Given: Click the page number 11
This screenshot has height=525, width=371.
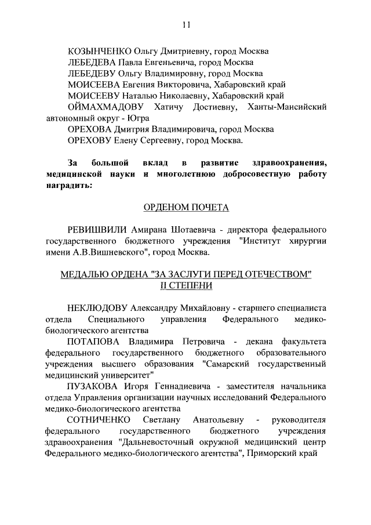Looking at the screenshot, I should click(x=185, y=24).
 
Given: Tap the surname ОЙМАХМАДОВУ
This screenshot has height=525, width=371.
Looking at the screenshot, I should click(x=107, y=107).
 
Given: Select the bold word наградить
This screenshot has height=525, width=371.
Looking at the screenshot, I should click(x=68, y=184).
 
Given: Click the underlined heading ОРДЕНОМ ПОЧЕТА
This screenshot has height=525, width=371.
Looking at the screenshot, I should click(x=185, y=207).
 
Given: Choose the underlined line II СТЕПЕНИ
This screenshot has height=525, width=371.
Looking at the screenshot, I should click(x=185, y=285).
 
